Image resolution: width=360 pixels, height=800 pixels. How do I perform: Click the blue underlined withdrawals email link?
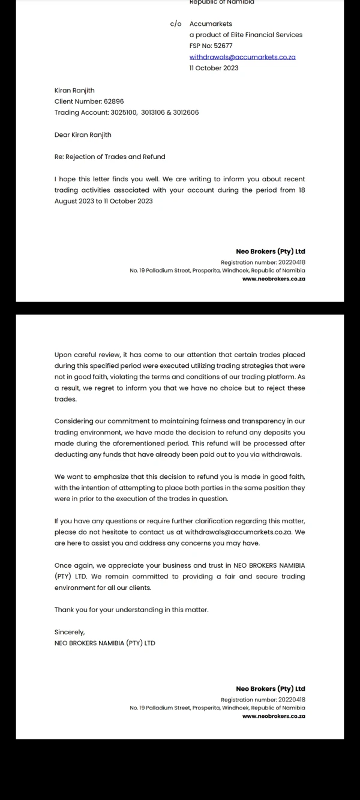(x=242, y=57)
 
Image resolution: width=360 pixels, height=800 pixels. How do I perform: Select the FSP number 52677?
(x=223, y=46)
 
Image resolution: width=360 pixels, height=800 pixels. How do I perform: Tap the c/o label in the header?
(x=175, y=24)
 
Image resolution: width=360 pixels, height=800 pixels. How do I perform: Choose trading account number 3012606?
(x=186, y=112)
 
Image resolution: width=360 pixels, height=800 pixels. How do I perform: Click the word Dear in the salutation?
(x=62, y=135)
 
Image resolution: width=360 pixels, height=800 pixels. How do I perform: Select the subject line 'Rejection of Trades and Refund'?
(x=115, y=157)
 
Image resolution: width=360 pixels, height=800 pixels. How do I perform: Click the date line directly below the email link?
(x=214, y=68)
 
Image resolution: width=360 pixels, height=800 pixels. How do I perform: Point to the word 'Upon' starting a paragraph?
(x=62, y=355)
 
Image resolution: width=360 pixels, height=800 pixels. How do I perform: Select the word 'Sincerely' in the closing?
(x=70, y=632)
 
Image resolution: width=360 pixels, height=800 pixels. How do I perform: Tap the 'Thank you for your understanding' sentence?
(x=131, y=610)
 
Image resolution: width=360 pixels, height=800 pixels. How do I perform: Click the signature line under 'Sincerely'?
(x=104, y=643)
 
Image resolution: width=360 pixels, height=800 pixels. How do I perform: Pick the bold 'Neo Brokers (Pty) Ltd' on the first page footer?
(x=271, y=251)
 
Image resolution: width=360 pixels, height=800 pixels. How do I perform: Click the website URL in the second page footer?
(x=274, y=716)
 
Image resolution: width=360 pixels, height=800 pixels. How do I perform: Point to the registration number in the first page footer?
(x=263, y=262)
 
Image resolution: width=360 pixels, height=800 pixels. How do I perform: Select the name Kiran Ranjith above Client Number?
(x=74, y=91)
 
